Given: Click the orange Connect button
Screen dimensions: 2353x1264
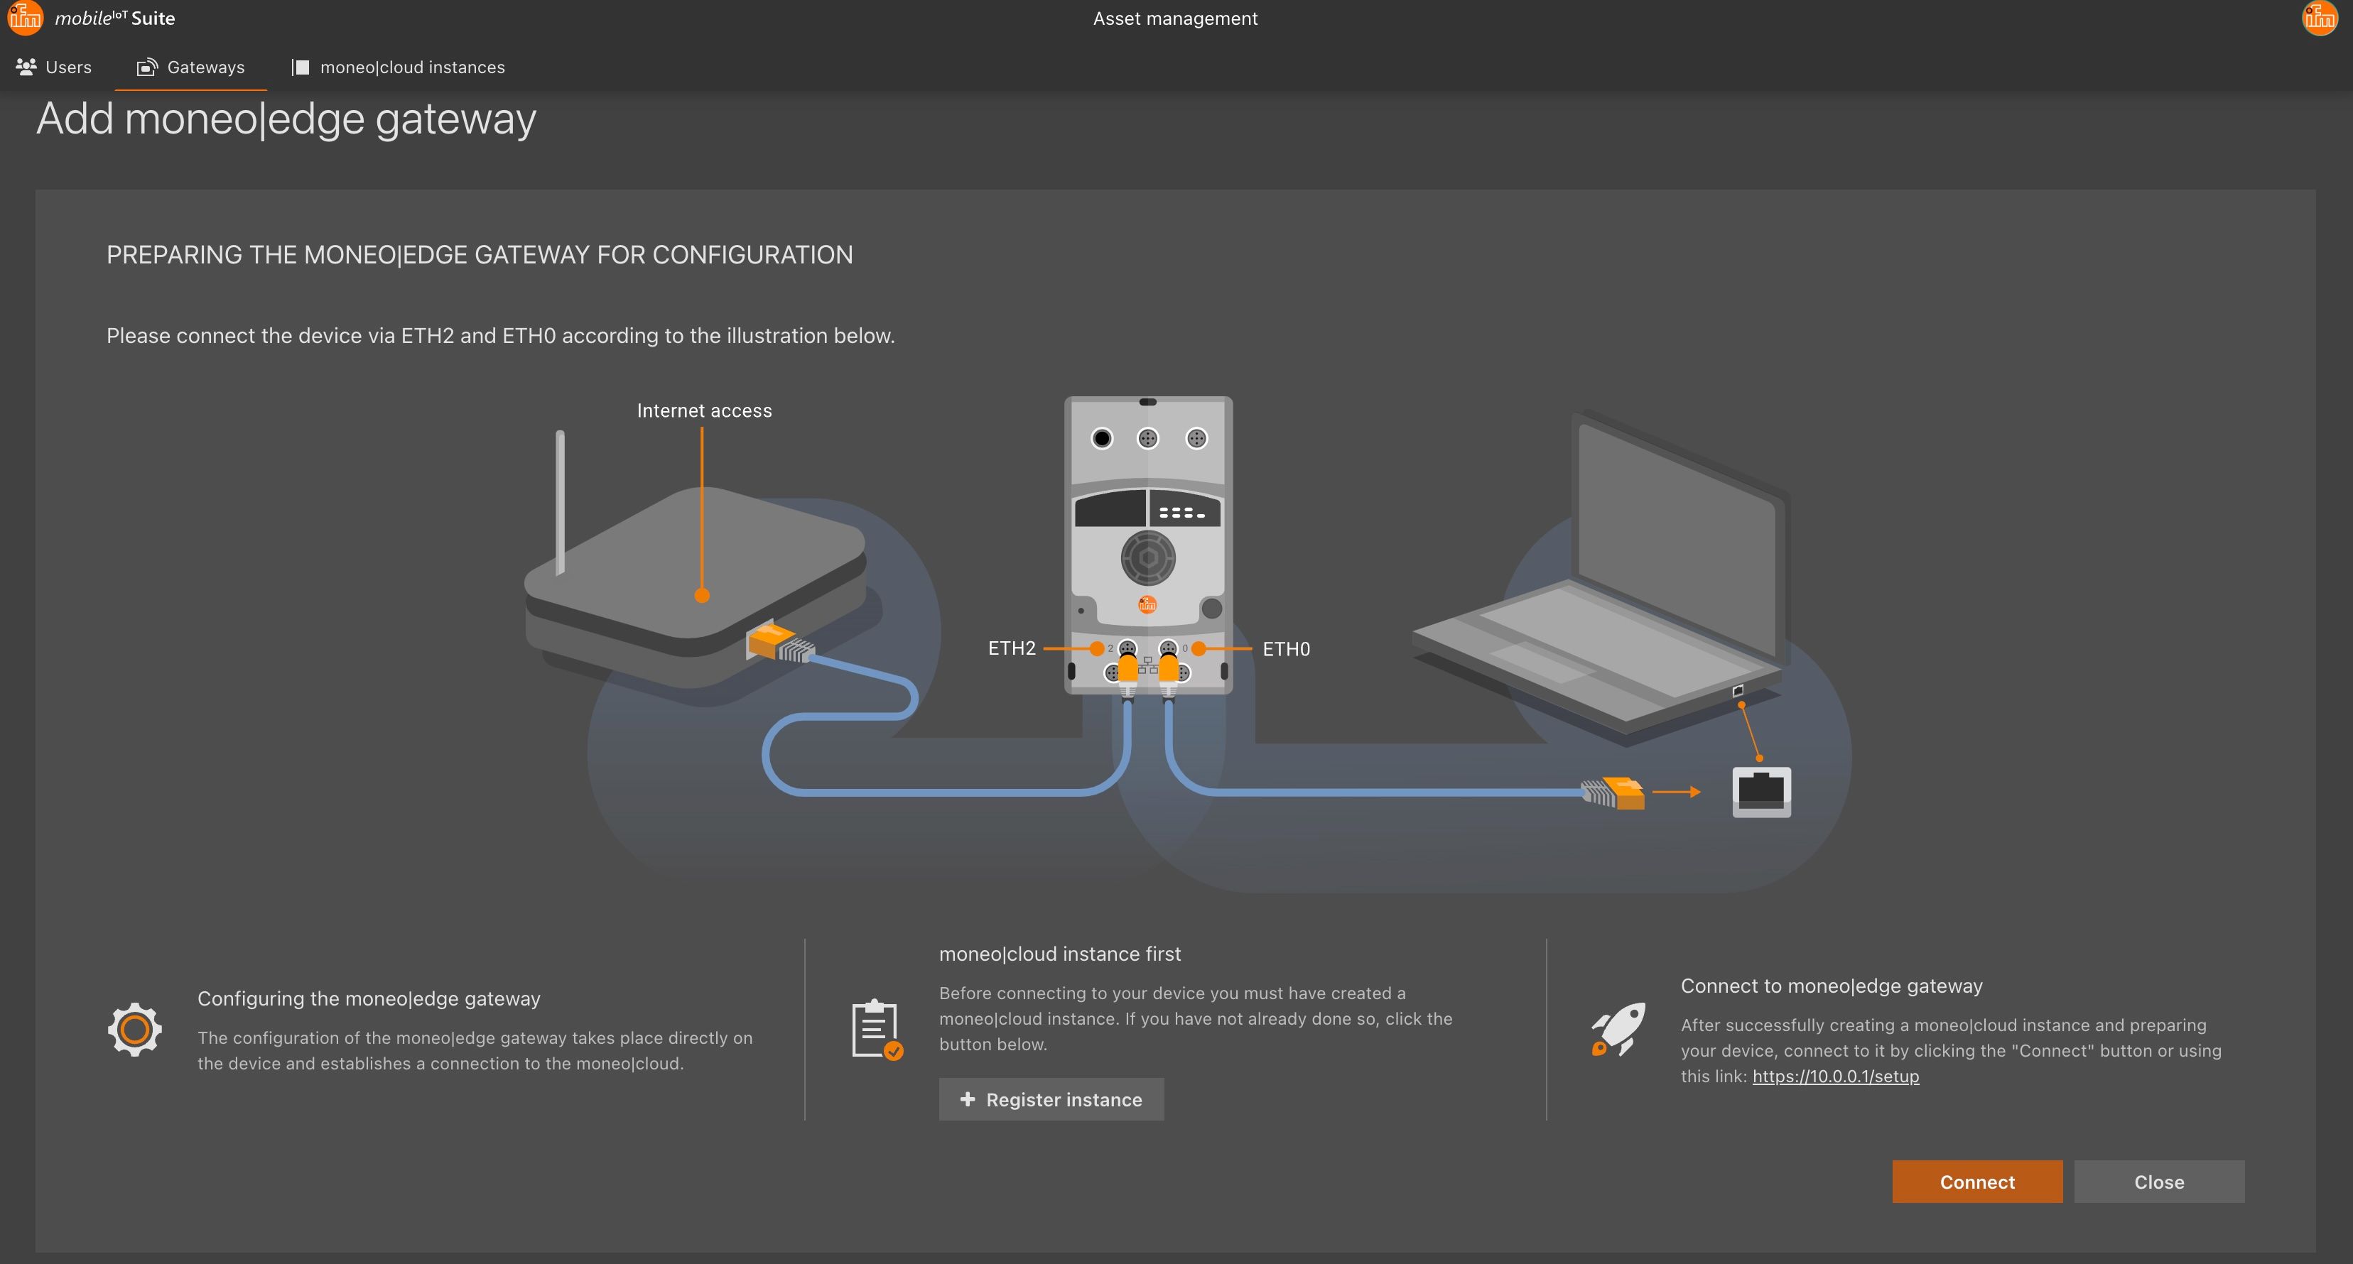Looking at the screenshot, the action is click(x=1976, y=1181).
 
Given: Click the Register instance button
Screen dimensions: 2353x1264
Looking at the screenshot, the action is click(x=1051, y=1099).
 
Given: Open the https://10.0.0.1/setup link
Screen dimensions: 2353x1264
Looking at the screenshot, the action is click(x=1835, y=1076).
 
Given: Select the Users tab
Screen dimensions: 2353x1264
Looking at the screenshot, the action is click(x=54, y=67).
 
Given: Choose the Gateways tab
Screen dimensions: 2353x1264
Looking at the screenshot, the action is click(x=191, y=67).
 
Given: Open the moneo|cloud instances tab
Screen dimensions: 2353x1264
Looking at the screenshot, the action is click(x=399, y=67).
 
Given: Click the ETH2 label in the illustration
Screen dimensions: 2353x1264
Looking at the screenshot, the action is click(x=1011, y=648).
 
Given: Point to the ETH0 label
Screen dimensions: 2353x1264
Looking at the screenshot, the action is click(x=1286, y=648).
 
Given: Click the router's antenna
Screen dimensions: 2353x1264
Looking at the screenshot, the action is click(x=560, y=501).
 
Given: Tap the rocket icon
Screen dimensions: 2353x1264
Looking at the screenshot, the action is click(x=1618, y=1029).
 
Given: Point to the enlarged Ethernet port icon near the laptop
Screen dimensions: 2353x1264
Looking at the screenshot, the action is click(x=1761, y=792).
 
